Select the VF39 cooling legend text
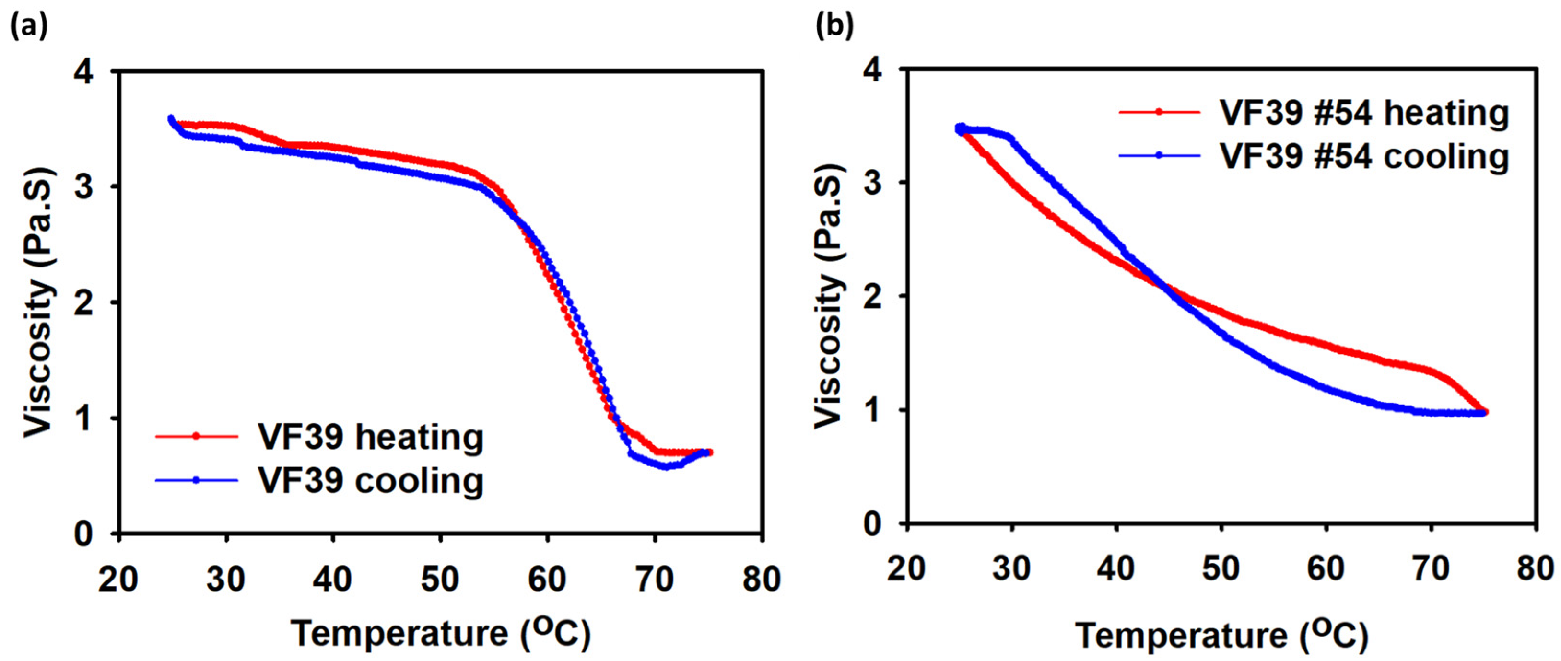point(370,481)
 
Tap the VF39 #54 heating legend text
point(1363,113)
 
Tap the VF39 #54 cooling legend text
point(1363,156)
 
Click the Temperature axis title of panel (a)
point(441,633)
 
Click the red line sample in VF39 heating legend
point(196,436)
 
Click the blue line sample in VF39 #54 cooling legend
point(1159,156)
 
